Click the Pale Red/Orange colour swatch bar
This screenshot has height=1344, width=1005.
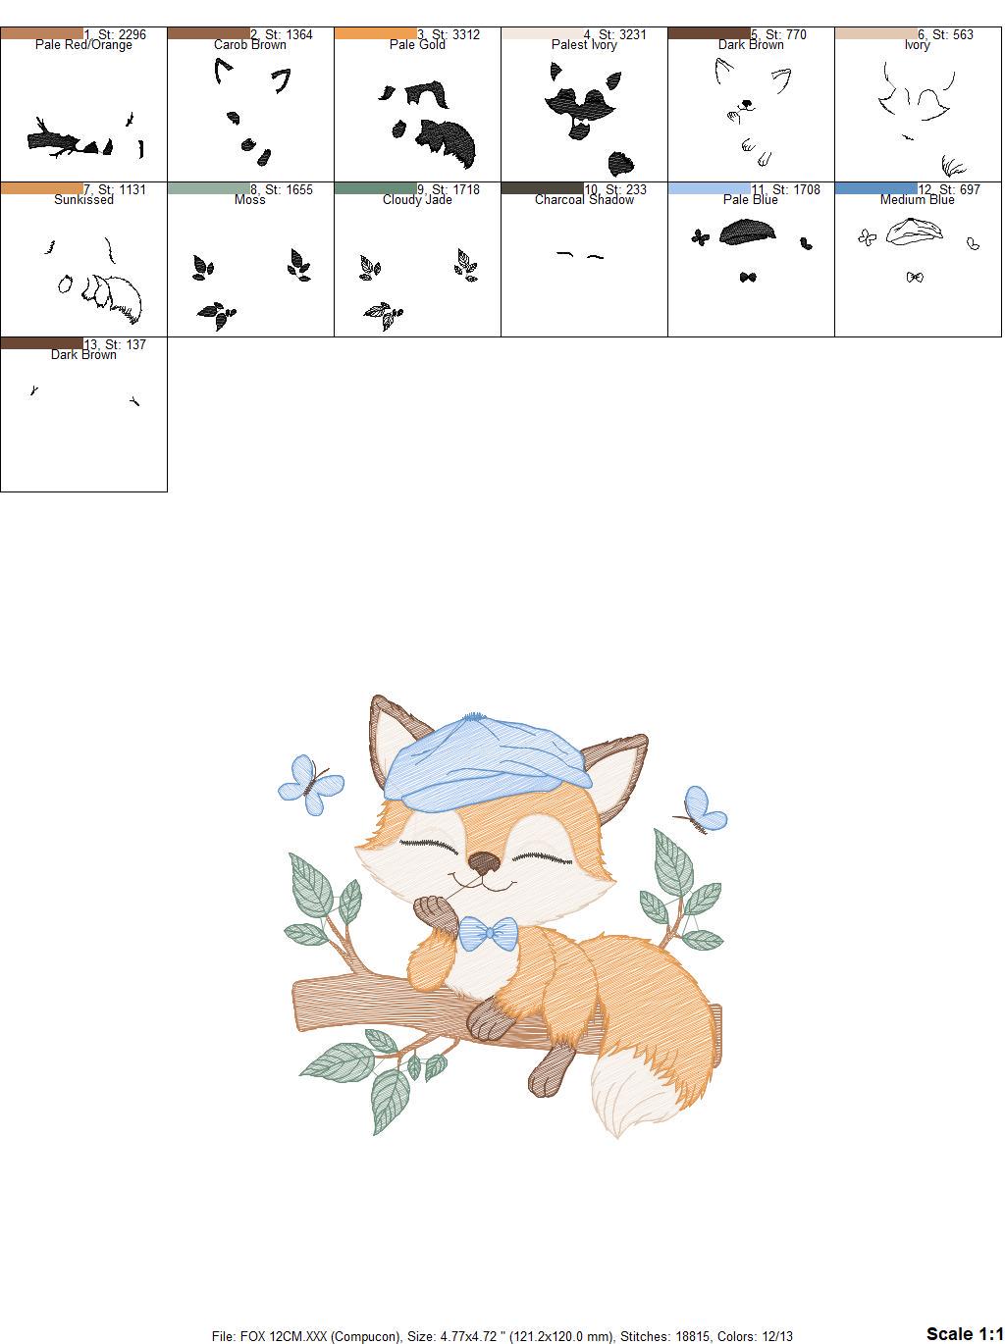click(42, 33)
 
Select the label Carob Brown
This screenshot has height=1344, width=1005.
click(249, 45)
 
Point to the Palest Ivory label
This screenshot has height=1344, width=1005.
click(584, 45)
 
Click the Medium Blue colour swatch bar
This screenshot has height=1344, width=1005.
click(875, 188)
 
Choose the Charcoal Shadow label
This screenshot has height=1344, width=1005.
click(584, 200)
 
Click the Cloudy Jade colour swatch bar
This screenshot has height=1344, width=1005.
click(375, 188)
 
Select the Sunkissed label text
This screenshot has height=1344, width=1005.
click(83, 200)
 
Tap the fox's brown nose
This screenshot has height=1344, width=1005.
click(483, 863)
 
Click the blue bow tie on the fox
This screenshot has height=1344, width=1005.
click(488, 933)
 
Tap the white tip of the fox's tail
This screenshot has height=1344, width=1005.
click(628, 1099)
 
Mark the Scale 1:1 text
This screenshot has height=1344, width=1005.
click(964, 1333)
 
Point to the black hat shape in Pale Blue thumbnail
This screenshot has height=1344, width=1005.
click(748, 233)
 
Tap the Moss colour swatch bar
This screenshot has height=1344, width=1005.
click(208, 188)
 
